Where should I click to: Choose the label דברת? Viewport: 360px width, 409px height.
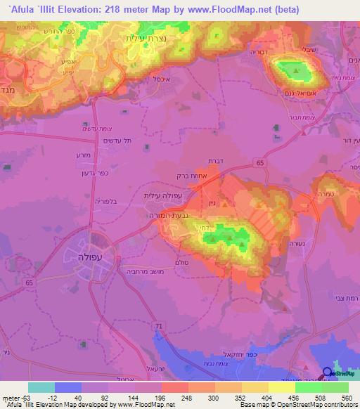tap(216, 161)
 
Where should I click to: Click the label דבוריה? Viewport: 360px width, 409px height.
tap(241, 52)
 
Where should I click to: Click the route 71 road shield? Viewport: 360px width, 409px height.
tap(159, 325)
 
